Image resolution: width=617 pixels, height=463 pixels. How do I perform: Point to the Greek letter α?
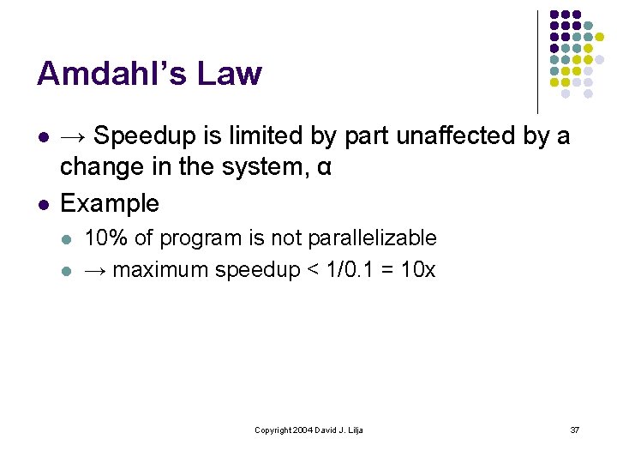click(x=323, y=168)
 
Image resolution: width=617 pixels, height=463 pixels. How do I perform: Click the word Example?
click(x=110, y=203)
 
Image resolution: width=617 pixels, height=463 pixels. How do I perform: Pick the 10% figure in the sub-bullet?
click(x=102, y=238)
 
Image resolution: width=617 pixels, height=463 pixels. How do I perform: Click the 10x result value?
click(x=418, y=269)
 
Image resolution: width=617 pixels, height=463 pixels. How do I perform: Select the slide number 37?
click(x=575, y=430)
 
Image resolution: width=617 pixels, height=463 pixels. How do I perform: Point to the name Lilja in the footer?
click(x=354, y=430)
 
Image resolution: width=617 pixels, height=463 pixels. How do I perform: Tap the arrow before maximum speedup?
click(x=96, y=270)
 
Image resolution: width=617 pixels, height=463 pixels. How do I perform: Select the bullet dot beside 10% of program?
click(x=69, y=238)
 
